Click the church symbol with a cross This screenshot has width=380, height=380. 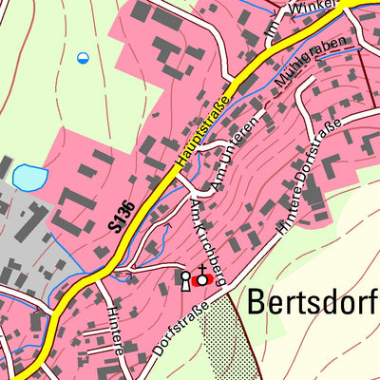click(200, 278)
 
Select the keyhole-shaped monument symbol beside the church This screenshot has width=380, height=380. click(186, 279)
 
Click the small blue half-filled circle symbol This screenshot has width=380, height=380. click(83, 58)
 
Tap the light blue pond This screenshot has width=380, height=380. click(28, 177)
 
